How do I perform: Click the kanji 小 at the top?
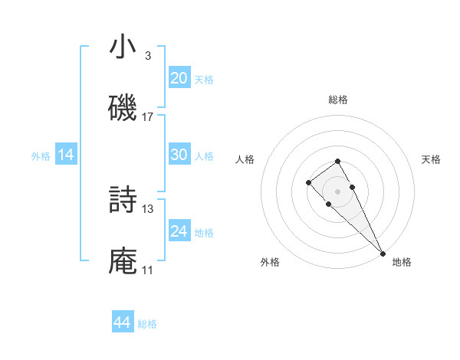pos(123,47)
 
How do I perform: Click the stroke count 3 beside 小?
pos(147,56)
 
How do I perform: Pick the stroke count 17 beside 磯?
pos(148,117)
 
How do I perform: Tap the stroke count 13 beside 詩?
pos(148,208)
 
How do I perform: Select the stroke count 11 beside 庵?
pos(147,270)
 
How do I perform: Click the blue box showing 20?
pos(179,78)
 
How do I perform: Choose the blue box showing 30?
pos(179,155)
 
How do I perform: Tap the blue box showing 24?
pos(179,231)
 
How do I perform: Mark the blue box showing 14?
pos(66,155)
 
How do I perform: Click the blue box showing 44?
pos(123,322)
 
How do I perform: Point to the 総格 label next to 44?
pos(147,324)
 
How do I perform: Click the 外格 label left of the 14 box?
pos(41,156)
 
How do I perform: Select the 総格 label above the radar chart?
pos(337,100)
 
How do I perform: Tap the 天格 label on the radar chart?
pos(431,159)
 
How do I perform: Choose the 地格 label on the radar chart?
pos(402,262)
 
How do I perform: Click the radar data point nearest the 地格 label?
pos(383,253)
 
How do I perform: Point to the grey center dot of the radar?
pos(337,191)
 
